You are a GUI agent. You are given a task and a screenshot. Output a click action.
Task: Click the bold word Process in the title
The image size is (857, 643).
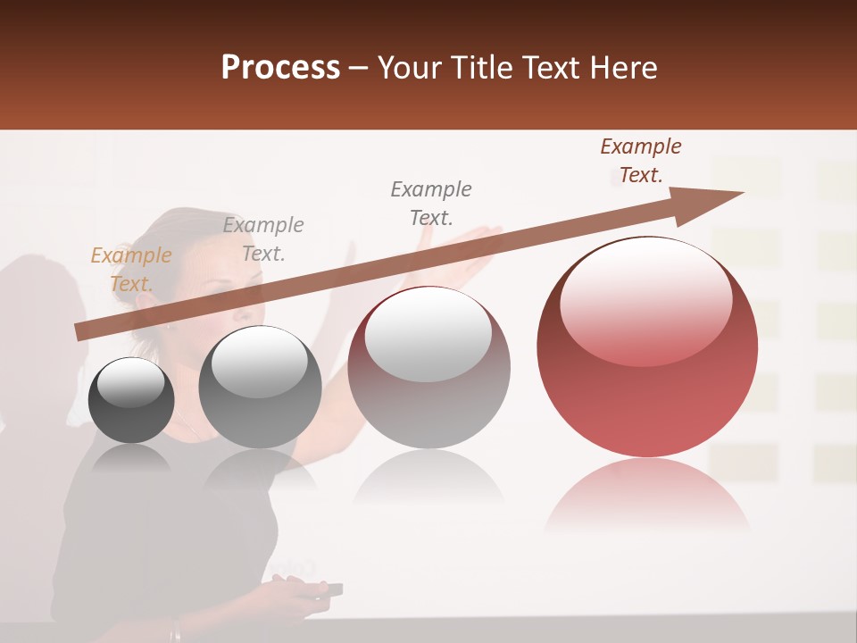click(280, 68)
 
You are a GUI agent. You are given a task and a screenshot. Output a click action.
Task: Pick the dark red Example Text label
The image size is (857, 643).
click(640, 161)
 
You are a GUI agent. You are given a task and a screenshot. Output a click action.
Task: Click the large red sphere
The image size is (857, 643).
click(647, 357)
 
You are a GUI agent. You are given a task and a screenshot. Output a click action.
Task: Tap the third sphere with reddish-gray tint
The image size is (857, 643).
click(428, 375)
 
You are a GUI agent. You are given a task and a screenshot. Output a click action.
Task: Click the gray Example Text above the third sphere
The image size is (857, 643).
click(430, 203)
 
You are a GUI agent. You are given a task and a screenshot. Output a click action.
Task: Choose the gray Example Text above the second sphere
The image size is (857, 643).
click(262, 238)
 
